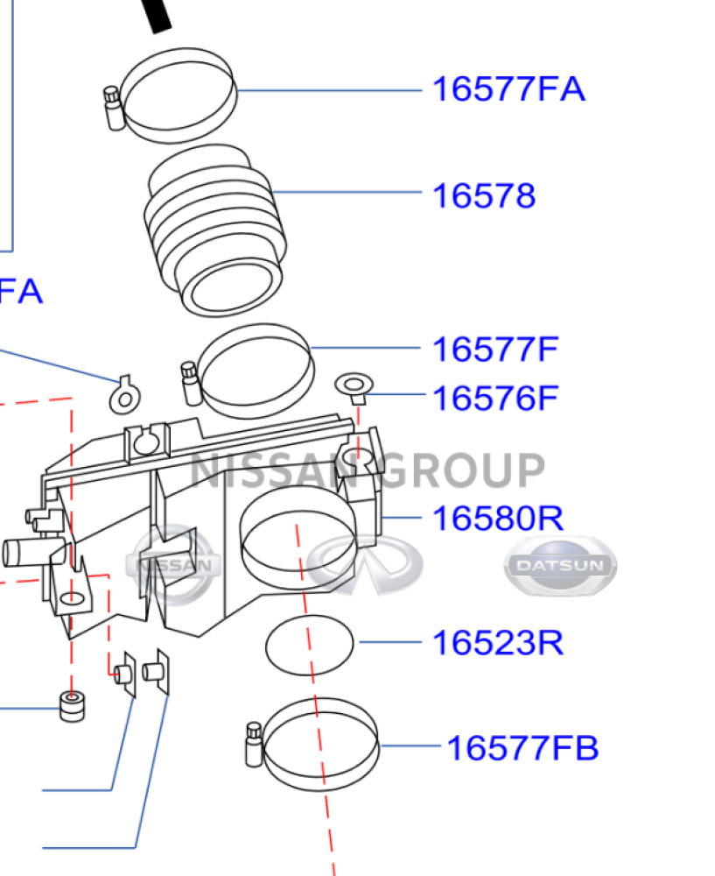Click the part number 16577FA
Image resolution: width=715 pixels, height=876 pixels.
508,89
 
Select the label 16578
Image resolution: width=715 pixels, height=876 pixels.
483,196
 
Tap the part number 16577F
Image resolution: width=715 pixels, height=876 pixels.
495,350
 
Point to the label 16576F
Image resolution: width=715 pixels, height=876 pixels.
495,399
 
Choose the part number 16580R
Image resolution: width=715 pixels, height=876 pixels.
498,519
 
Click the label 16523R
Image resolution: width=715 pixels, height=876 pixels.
498,643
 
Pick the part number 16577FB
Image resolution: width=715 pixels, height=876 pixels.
522,748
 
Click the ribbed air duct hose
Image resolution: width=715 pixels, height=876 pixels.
215,230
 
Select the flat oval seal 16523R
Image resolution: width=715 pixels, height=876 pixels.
309,645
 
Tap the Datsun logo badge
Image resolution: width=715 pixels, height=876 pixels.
560,565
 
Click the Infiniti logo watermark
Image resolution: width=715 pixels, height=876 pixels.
364,564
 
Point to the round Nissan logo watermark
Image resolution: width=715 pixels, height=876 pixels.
173,565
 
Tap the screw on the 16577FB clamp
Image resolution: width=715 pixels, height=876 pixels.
254,744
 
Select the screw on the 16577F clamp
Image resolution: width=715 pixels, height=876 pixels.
191,384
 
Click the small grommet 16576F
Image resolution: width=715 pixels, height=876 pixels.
354,388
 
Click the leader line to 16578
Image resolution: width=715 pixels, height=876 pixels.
347,192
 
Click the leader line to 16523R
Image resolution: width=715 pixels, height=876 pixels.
390,642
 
